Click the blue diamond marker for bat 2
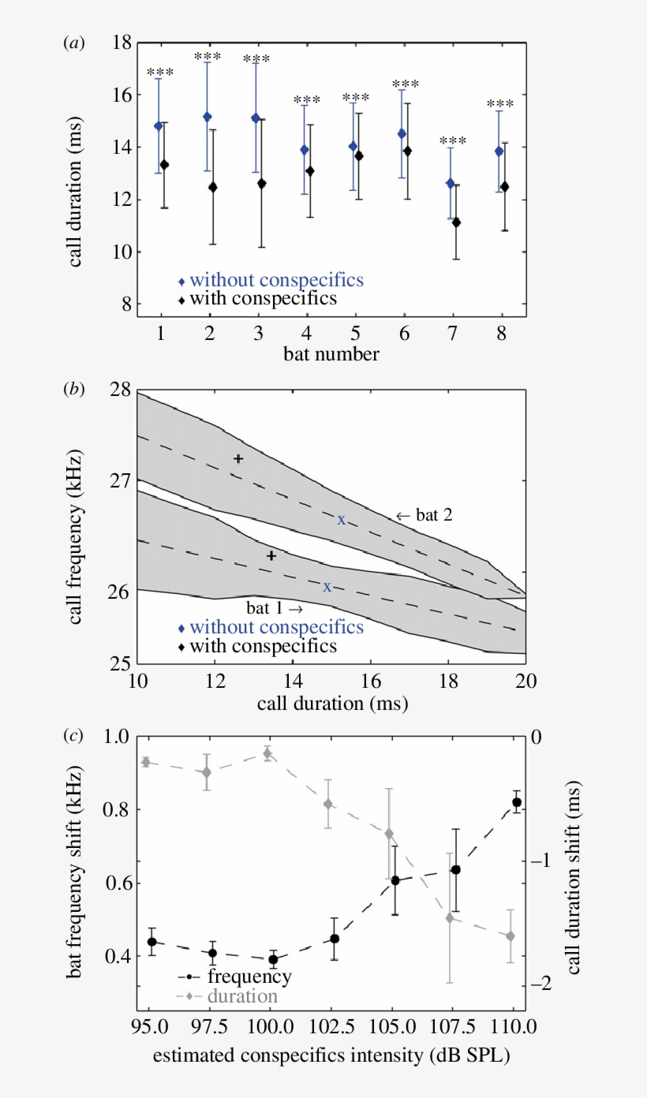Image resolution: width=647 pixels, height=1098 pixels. coord(208,117)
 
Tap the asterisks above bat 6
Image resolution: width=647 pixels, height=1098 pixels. coord(406,84)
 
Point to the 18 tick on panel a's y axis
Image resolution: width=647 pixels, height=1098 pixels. coord(121,43)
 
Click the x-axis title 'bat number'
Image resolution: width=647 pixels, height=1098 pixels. coord(331,354)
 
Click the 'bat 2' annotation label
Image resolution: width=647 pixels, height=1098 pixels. coord(422,515)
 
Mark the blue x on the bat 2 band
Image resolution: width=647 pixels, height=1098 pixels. coord(341,519)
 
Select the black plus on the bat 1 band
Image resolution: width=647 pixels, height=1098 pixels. coord(271,555)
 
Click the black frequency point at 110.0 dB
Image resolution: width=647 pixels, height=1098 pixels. coord(517,802)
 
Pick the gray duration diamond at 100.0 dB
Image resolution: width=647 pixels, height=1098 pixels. coord(267,754)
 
